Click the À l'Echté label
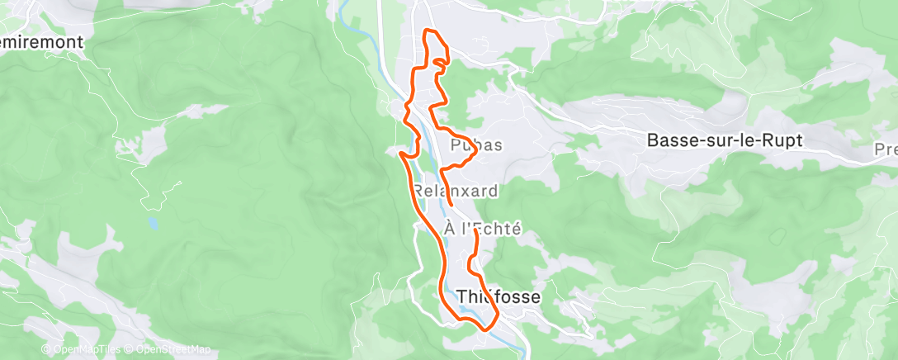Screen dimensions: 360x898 482,230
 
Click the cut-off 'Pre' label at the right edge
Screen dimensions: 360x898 886,150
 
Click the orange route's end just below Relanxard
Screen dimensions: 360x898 451,203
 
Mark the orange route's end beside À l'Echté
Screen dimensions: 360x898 476,232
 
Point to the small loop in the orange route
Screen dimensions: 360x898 442,61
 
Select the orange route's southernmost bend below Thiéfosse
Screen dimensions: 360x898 484,328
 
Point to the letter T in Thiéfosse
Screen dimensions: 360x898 461,296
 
